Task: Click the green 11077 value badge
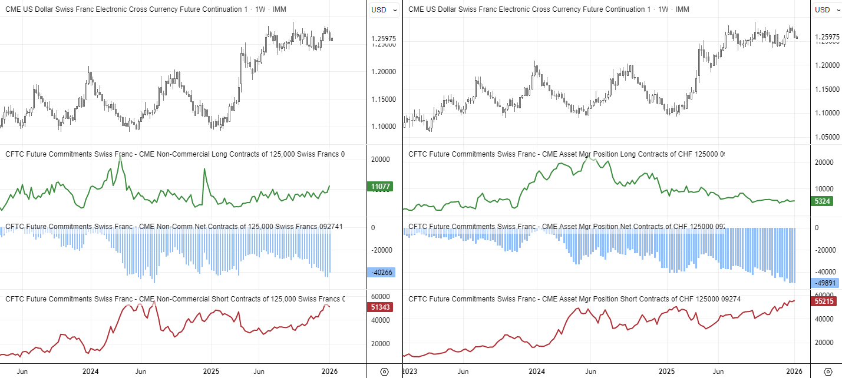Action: coord(381,187)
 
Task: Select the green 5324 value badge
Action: coord(823,201)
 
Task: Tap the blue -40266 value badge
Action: coord(381,272)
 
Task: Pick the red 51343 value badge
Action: coord(381,307)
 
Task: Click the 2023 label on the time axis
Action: coord(410,372)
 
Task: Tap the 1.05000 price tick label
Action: coord(827,137)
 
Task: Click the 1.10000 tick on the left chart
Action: coord(383,127)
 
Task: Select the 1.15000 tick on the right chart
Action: coord(827,89)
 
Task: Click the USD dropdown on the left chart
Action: coord(379,9)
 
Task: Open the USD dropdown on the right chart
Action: coord(822,9)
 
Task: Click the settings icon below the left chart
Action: coord(384,372)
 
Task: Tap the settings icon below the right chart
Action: coord(827,372)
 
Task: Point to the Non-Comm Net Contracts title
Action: coord(174,227)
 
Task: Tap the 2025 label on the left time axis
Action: coord(211,372)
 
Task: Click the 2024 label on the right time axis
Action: coord(536,372)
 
